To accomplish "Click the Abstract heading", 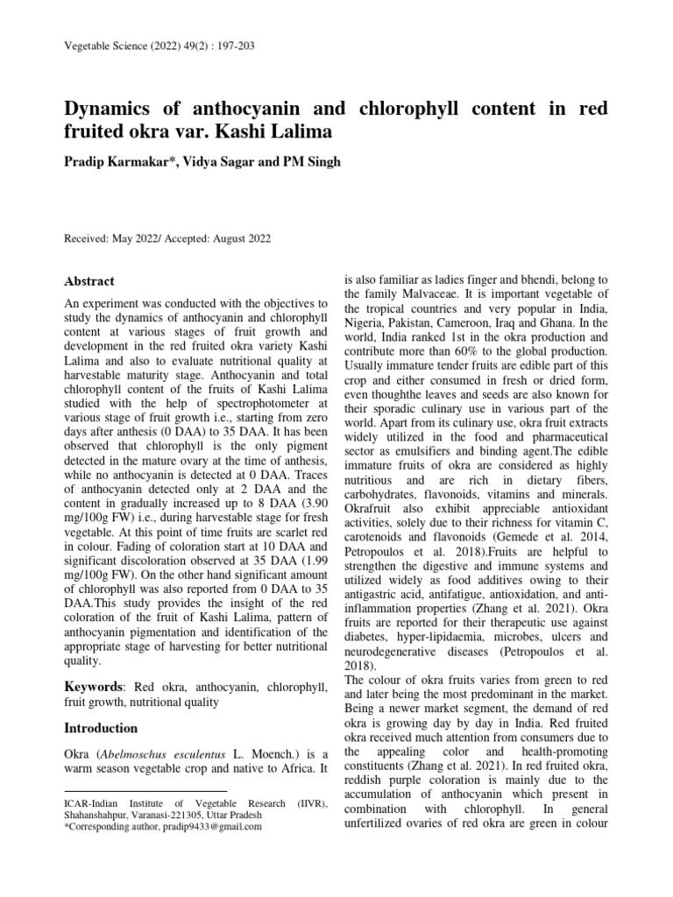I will (90, 281).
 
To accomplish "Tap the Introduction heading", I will (102, 728).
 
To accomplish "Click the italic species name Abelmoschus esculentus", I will (158, 755).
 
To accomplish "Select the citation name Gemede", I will (514, 537).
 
